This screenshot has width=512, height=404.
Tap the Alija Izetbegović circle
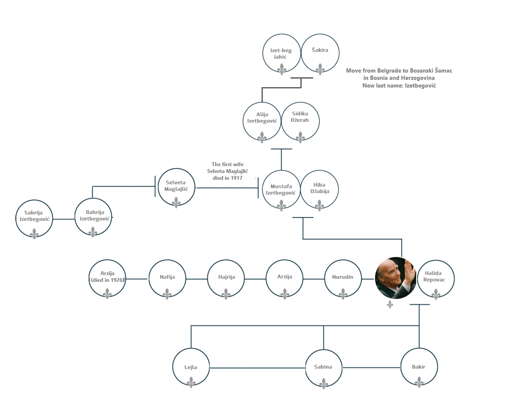tap(262, 121)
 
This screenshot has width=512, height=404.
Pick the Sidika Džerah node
tap(300, 121)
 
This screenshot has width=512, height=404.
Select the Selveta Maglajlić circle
tap(176, 187)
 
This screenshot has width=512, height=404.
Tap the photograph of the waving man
tap(396, 278)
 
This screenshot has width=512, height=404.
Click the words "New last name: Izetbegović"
tap(399, 85)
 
